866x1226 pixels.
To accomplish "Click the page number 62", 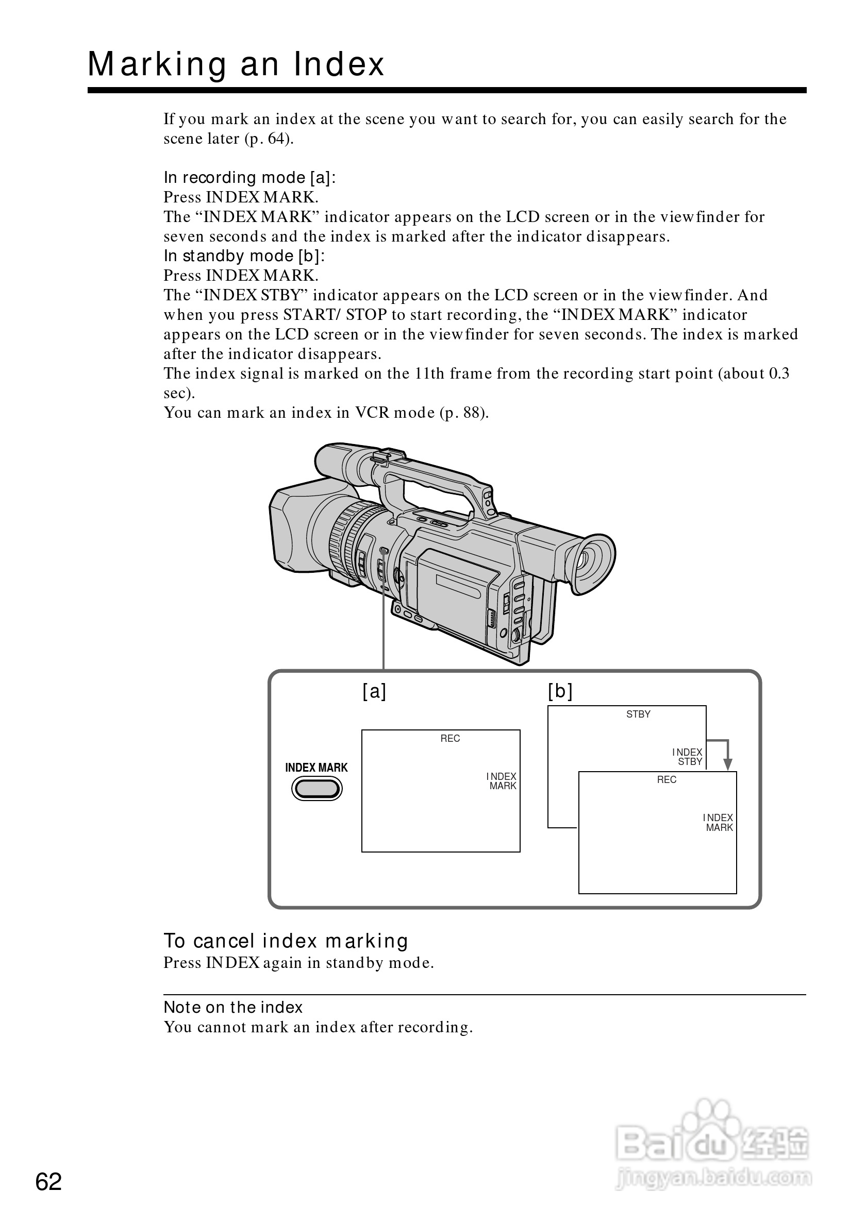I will tap(48, 1182).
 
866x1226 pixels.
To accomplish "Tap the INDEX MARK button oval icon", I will tap(317, 789).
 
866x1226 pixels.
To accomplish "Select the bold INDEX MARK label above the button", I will tap(317, 768).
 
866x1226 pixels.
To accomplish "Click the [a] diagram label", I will tap(374, 691).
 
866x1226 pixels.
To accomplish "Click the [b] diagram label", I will tap(560, 691).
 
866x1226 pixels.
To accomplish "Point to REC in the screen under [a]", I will tap(450, 739).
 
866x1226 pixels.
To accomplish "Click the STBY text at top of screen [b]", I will tap(638, 714).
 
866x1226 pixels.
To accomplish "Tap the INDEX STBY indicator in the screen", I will tap(688, 757).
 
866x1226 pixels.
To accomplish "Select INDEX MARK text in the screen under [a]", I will tap(502, 781).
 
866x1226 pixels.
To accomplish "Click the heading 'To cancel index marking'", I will tap(286, 941).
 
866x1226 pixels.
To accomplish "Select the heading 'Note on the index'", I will tap(233, 1008).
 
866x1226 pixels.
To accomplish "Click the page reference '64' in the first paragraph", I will tap(275, 139).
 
